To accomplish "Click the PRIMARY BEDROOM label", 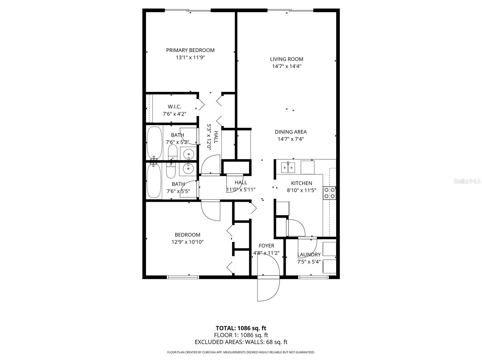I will click(190, 50).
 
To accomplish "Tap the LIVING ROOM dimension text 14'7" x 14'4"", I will click(286, 66).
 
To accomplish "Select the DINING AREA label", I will click(290, 132).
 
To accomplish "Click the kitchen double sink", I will click(288, 167).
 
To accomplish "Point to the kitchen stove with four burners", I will click(329, 193).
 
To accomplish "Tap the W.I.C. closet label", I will click(174, 107).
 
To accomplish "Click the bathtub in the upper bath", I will click(154, 143).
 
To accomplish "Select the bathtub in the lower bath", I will click(154, 180).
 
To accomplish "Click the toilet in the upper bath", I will click(173, 153).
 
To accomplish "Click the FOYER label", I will click(266, 246).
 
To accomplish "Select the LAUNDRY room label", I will click(309, 255).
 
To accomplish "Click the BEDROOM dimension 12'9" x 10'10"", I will click(187, 242).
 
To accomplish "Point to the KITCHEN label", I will click(301, 183).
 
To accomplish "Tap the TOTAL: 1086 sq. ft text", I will click(241, 328).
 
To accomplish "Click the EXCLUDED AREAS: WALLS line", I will click(241, 342).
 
